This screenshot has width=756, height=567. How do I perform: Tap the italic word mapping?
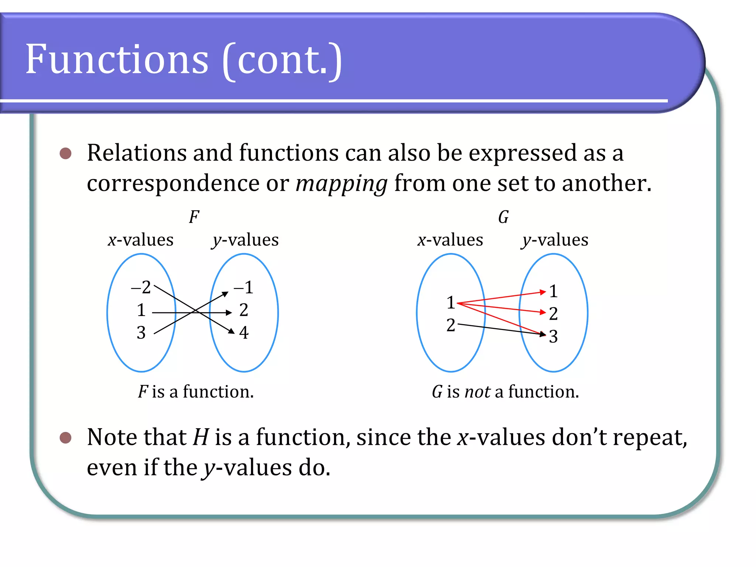point(341,183)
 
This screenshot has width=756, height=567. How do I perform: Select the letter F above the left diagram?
point(194,217)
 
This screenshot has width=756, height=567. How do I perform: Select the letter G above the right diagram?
point(504,217)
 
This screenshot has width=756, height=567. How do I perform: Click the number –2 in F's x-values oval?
point(141,287)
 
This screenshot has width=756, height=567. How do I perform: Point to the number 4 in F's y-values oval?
point(244,332)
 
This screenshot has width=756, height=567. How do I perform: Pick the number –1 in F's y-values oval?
point(244,287)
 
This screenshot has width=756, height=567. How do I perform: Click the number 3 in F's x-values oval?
point(141,333)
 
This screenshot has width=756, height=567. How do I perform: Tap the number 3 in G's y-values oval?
point(553,336)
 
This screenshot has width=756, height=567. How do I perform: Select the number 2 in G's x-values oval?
point(451,325)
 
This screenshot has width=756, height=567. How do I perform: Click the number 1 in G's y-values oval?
point(553,291)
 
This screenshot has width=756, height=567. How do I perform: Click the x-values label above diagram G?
point(450,240)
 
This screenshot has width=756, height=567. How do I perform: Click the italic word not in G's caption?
point(478,392)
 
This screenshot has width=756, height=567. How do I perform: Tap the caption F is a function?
point(196,392)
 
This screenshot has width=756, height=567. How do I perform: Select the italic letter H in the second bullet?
point(201,437)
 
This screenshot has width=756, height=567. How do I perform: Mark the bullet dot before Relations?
point(65,153)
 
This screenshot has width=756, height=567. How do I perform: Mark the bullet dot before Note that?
point(65,438)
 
